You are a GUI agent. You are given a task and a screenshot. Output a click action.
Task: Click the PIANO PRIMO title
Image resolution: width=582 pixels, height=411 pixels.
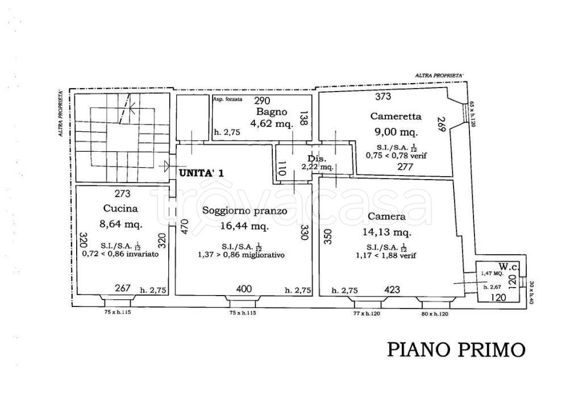[456, 349]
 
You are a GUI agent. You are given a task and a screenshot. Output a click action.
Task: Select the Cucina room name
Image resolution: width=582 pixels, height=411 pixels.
[120, 208]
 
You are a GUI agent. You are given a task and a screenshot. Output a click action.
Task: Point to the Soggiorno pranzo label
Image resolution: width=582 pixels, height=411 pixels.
[244, 211]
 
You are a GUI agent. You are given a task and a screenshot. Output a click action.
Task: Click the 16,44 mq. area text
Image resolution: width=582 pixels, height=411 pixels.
[244, 226]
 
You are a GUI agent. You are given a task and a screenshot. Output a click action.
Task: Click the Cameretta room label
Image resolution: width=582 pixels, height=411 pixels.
[396, 117]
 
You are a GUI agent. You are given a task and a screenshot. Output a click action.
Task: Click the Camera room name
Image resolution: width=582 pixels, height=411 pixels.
[386, 217]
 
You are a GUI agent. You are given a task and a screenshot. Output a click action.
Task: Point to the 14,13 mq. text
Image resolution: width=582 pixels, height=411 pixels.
[386, 232]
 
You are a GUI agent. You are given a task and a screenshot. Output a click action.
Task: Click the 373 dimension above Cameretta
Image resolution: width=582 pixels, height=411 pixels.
[383, 97]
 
